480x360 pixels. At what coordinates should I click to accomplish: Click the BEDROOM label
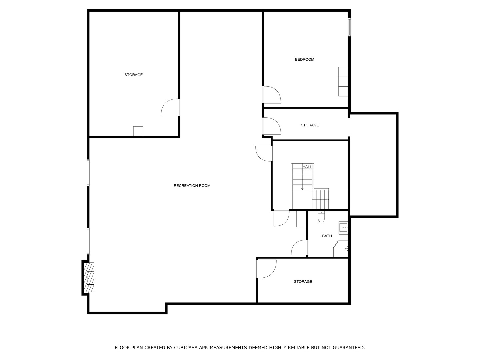[304, 60]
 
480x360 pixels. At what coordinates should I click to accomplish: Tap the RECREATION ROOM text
[192, 186]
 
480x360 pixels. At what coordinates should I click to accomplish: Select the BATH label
[327, 236]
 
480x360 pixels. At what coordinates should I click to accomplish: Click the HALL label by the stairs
[307, 167]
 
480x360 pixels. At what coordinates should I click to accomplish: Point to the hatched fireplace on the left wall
[89, 278]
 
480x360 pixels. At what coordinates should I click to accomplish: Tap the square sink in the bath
[343, 228]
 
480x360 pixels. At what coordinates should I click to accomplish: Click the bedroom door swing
[271, 95]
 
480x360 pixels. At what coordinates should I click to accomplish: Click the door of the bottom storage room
[266, 269]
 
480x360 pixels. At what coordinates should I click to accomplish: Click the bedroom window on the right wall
[350, 27]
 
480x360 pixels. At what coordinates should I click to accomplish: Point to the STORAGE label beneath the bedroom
[310, 125]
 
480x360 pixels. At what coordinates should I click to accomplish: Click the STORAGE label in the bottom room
[303, 282]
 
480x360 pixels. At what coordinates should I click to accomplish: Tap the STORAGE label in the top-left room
[133, 75]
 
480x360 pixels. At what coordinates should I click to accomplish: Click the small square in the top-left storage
[138, 131]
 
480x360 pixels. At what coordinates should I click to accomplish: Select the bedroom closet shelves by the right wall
[343, 82]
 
